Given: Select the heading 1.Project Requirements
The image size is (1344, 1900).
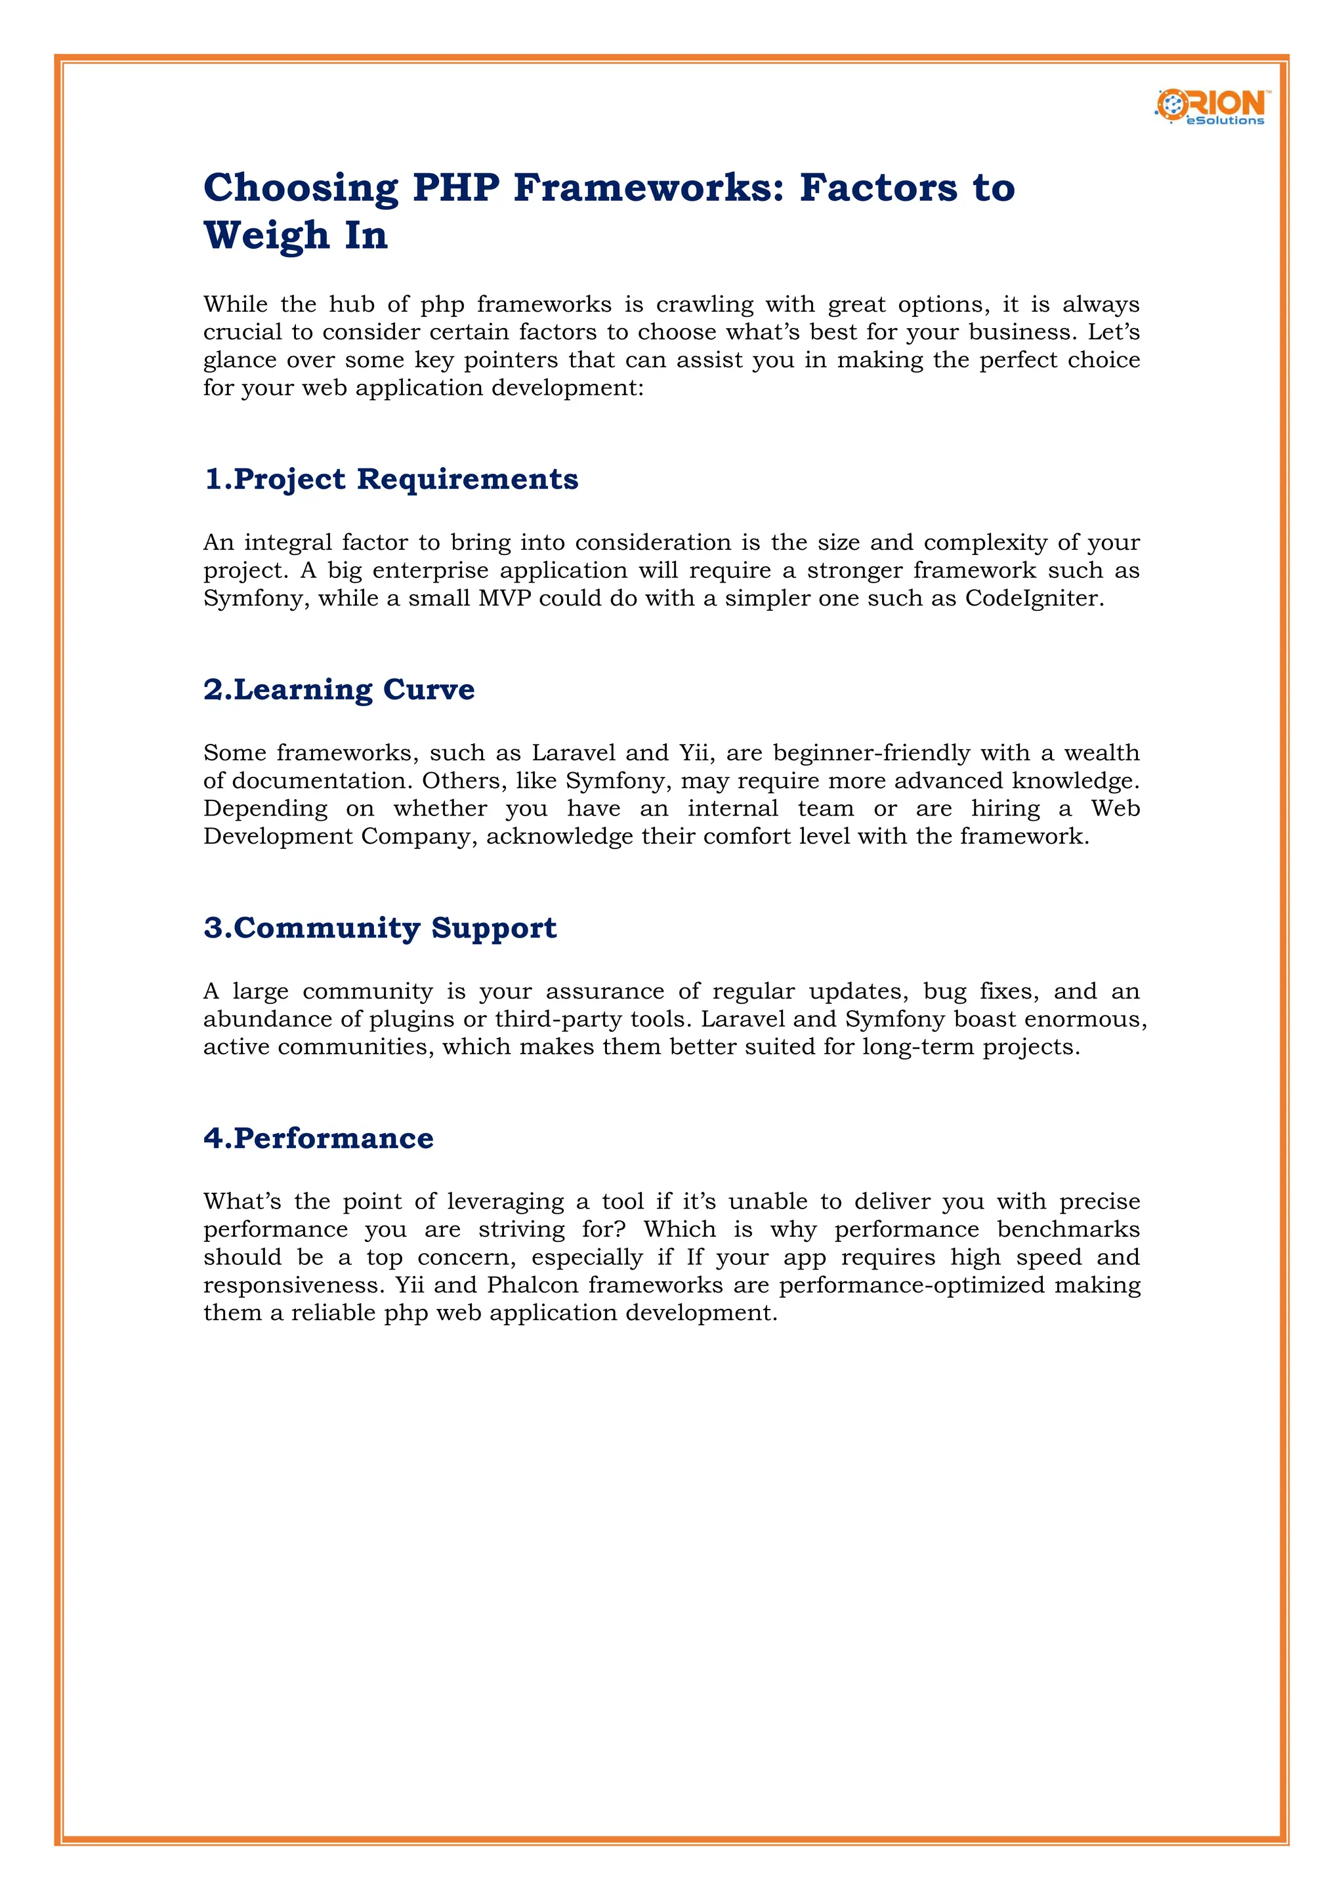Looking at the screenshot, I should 390,479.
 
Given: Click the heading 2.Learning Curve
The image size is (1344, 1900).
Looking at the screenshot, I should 339,690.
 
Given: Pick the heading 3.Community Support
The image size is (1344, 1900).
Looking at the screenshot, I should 380,928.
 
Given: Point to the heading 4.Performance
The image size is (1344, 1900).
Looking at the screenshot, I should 319,1138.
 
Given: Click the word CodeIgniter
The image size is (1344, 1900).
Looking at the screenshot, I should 1033,598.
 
